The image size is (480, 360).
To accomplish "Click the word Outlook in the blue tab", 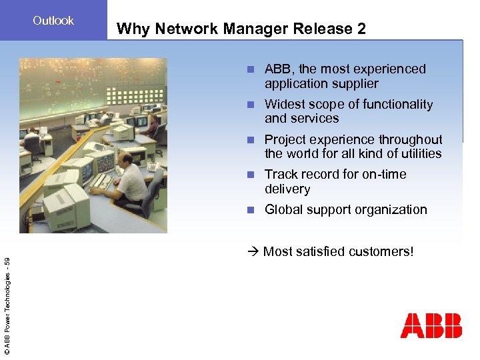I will click(x=53, y=21).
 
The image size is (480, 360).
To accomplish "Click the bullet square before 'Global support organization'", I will click(x=250, y=210).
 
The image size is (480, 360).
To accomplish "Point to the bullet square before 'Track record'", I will click(x=250, y=175).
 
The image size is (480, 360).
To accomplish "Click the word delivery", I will click(x=287, y=189).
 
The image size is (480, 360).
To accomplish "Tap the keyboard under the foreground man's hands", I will click(x=103, y=181).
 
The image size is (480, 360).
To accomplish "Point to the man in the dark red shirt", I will click(x=153, y=124).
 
